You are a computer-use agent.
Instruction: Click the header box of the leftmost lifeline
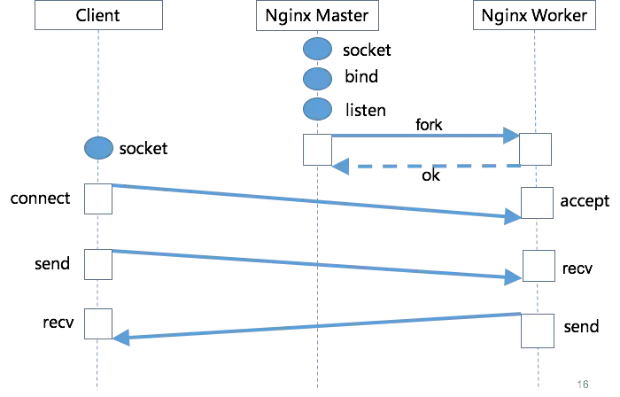pyautogui.click(x=97, y=17)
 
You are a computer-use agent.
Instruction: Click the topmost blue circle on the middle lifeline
pyautogui.click(x=317, y=50)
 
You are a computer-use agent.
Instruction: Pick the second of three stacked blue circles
pyautogui.click(x=317, y=79)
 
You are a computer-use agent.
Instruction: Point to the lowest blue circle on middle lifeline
pyautogui.click(x=317, y=109)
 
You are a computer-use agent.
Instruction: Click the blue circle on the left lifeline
pyautogui.click(x=98, y=148)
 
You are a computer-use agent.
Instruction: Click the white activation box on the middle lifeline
pyautogui.click(x=317, y=150)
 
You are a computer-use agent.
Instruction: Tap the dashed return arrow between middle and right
pyautogui.click(x=425, y=166)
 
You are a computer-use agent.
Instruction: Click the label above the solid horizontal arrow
pyautogui.click(x=429, y=125)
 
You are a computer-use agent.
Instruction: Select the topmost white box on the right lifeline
pyautogui.click(x=535, y=149)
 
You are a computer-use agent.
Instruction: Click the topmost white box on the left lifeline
pyautogui.click(x=97, y=198)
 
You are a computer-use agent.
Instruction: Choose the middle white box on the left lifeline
pyautogui.click(x=97, y=263)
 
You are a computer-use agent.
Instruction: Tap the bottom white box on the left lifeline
pyautogui.click(x=97, y=323)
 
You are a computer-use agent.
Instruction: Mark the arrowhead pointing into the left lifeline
pyautogui.click(x=122, y=337)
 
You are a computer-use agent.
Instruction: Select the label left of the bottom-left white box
pyautogui.click(x=60, y=323)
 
